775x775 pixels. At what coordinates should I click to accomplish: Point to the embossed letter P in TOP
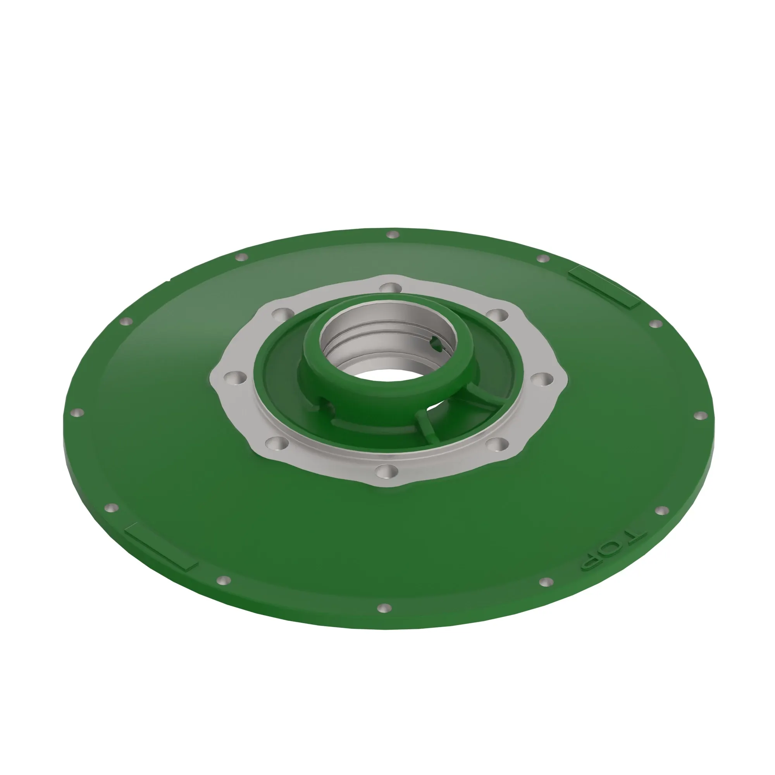pyautogui.click(x=591, y=562)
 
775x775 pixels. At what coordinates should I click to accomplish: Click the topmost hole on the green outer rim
pyautogui.click(x=392, y=234)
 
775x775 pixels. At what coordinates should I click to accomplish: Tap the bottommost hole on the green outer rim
pyautogui.click(x=384, y=608)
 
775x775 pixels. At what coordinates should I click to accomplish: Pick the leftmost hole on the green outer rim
pyautogui.click(x=77, y=412)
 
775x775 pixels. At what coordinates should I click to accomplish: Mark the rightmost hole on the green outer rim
pyautogui.click(x=700, y=415)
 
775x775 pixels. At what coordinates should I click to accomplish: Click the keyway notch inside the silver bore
pyautogui.click(x=436, y=344)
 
